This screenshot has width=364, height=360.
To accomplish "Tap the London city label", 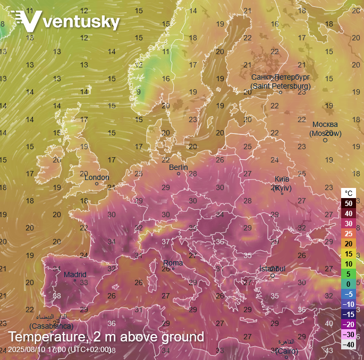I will [97, 177].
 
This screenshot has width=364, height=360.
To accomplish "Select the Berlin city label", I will [179, 167].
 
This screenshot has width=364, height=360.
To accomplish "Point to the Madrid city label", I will [75, 275].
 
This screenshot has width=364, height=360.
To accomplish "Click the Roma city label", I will [173, 263].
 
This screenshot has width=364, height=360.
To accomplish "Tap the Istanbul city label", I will [272, 269].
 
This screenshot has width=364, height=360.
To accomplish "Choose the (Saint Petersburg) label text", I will [281, 86].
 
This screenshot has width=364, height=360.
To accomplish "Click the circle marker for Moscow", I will [325, 140].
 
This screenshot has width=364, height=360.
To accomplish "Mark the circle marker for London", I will [97, 184].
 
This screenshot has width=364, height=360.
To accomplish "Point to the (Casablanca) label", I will [51, 326].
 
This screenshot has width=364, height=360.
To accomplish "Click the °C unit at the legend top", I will [349, 193].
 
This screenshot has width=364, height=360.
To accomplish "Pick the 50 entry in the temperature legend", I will [349, 203].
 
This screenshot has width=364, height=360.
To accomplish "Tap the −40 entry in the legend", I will [348, 345].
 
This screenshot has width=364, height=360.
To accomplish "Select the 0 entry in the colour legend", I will [349, 284].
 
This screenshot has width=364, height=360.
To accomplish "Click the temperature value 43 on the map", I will [329, 350].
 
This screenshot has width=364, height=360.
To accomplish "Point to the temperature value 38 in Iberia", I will [57, 296].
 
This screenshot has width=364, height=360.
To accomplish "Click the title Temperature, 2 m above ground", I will [106, 337].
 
